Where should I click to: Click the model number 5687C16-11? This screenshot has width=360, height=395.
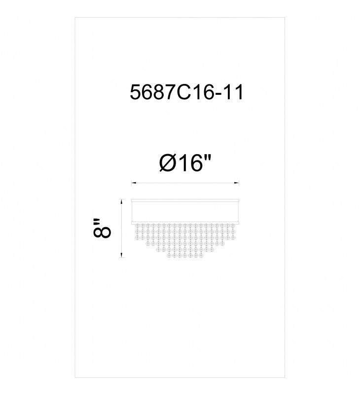pos(186,92)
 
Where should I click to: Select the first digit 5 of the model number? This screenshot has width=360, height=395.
pos(135,92)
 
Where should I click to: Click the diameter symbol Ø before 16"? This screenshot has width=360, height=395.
pos(167,163)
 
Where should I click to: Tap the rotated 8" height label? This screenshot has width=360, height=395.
pos(102,228)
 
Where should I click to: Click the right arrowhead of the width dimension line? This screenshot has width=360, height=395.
pos(237,183)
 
